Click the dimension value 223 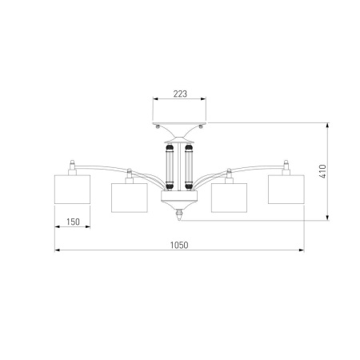(x=180, y=94)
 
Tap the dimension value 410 (x=322, y=171)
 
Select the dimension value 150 (x=73, y=222)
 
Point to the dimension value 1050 (x=179, y=245)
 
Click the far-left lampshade (x=72, y=190)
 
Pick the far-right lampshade (x=286, y=190)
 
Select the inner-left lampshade (x=130, y=198)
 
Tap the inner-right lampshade (x=229, y=198)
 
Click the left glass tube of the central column (x=170, y=166)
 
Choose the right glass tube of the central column (x=189, y=166)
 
